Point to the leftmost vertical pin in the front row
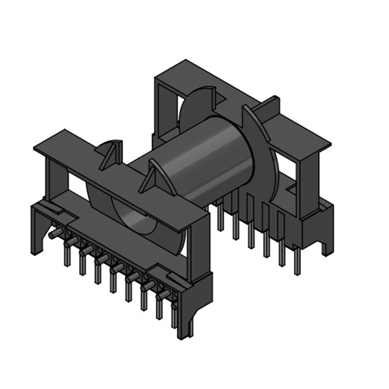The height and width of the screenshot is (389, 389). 67,255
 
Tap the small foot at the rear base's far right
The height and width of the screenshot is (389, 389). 327,246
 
